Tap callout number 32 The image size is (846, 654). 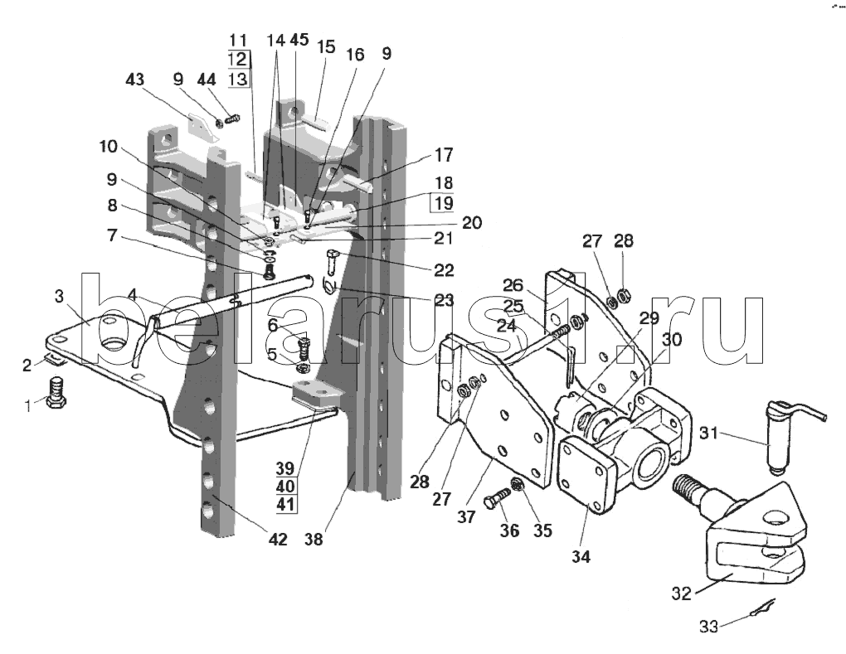coord(682,593)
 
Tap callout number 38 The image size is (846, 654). coord(313,539)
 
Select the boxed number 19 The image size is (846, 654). coord(442,203)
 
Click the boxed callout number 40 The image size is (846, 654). coord(284,487)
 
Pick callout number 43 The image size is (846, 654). coord(134,80)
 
